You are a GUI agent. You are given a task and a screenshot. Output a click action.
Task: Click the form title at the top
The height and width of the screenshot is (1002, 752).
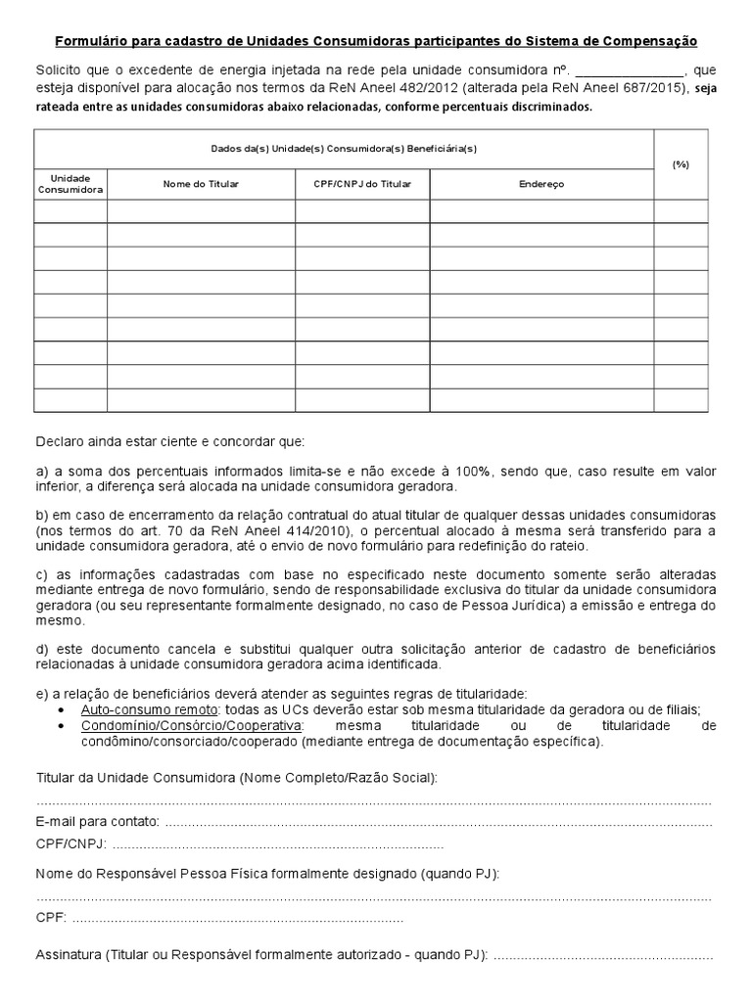(375, 42)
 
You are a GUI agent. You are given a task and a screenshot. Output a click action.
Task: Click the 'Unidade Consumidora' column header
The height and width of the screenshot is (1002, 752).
(70, 183)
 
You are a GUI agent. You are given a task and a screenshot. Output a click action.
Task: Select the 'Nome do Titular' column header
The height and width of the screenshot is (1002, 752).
(201, 184)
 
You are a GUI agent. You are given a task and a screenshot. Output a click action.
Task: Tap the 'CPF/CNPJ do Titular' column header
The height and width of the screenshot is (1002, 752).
(362, 184)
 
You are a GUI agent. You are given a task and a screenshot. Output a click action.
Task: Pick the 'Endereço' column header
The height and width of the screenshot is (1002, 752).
(541, 184)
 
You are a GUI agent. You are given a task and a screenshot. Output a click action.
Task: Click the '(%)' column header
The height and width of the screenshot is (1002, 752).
(681, 164)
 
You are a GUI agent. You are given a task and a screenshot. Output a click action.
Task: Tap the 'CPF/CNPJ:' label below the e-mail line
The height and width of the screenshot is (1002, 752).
(71, 843)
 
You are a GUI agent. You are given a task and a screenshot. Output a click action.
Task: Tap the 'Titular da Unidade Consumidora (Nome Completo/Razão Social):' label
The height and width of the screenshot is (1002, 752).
(237, 777)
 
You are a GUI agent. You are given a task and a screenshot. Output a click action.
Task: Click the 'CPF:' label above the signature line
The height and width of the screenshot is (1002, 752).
(51, 918)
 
